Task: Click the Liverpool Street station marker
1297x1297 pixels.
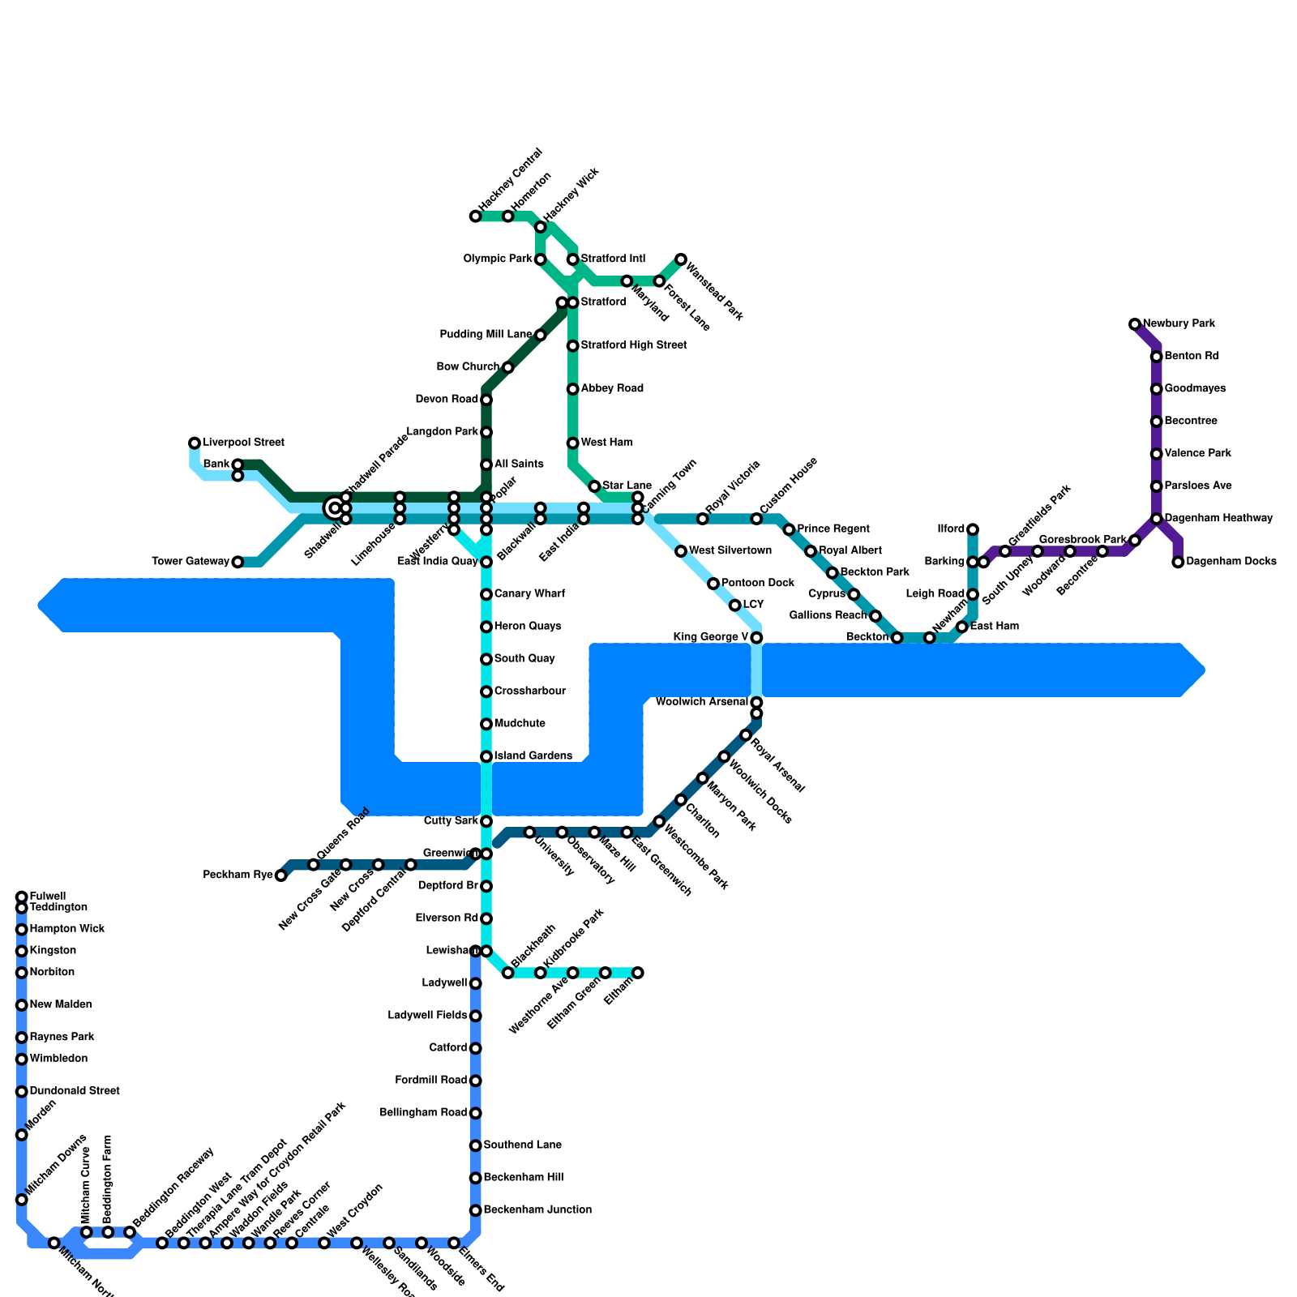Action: [195, 443]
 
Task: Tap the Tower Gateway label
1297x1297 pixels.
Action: [190, 562]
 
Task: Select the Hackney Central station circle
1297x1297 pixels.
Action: [475, 216]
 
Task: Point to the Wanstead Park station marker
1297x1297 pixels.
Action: [681, 259]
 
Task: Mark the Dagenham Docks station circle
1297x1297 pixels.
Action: [1178, 562]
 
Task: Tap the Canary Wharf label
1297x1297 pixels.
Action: [529, 594]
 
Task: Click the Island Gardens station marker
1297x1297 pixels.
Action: [486, 756]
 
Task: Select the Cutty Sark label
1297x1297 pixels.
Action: [451, 821]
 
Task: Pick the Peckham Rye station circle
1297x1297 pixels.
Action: [280, 875]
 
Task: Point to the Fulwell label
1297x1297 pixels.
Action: [47, 897]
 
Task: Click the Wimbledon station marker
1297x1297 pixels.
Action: [22, 1059]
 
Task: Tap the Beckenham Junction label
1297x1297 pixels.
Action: [537, 1210]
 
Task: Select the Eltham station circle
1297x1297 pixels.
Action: [638, 973]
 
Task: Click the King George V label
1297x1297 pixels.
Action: [710, 637]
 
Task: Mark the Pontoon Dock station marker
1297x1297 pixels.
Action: [713, 584]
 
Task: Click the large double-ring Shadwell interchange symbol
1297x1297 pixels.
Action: [334, 508]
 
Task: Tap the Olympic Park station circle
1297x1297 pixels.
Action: [541, 259]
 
